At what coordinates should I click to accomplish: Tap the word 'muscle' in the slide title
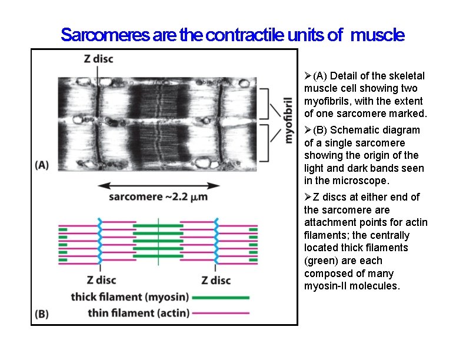pyautogui.click(x=377, y=35)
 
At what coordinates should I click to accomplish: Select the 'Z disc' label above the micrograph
pyautogui.click(x=99, y=59)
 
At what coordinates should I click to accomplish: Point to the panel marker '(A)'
pyautogui.click(x=42, y=165)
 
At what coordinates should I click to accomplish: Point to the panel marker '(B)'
pyautogui.click(x=42, y=314)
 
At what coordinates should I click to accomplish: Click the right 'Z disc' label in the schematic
pyautogui.click(x=216, y=280)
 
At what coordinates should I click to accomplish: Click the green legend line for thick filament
pyautogui.click(x=220, y=298)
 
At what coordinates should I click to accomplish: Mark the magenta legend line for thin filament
pyautogui.click(x=220, y=314)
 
